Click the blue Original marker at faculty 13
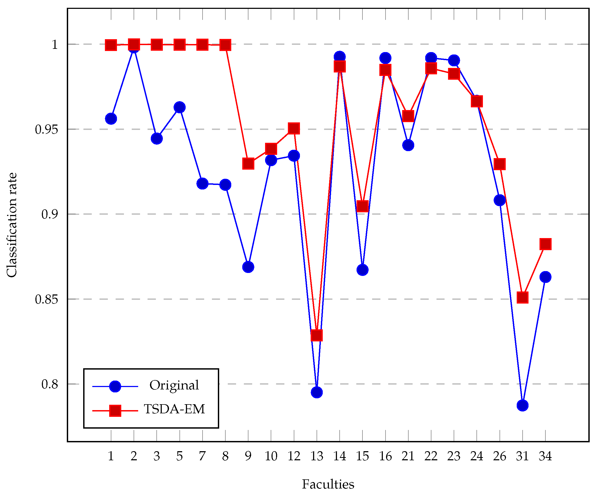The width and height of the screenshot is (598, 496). [317, 392]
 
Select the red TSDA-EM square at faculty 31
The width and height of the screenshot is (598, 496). [523, 297]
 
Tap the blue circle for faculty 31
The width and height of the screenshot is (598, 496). [523, 405]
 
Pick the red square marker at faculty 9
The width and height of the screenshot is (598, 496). [248, 164]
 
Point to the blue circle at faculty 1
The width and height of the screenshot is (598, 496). [111, 119]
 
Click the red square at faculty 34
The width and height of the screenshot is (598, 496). [545, 244]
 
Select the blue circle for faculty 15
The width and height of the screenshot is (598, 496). [362, 269]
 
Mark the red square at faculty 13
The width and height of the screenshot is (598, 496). [317, 335]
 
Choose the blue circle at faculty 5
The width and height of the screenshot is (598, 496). [179, 107]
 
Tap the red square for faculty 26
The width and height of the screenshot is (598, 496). [500, 164]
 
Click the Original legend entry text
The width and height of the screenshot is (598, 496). [174, 385]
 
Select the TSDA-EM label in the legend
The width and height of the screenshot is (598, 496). [174, 409]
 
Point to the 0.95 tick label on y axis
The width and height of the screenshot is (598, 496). [46, 129]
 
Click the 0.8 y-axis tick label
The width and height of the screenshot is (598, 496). [50, 384]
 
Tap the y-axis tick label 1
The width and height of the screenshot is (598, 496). [55, 45]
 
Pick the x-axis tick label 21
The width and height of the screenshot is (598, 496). [408, 456]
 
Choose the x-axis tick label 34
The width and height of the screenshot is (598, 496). [545, 456]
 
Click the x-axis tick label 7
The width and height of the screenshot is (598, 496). [202, 456]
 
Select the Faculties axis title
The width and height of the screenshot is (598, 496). [328, 484]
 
